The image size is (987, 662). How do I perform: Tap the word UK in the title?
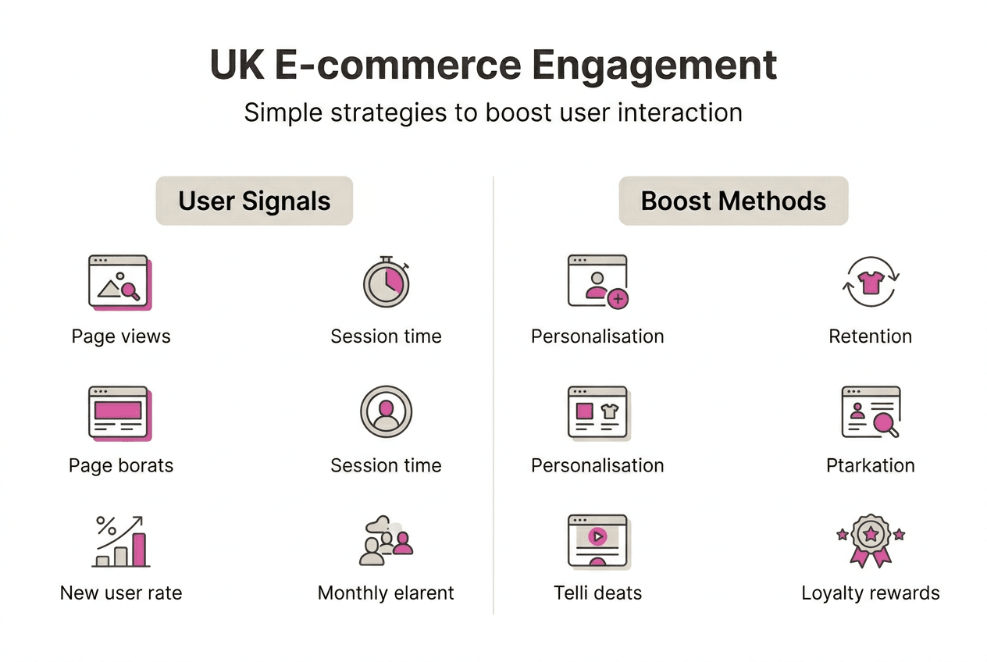point(235,66)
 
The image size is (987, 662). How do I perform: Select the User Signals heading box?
point(255,201)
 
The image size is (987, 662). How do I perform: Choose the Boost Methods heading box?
point(733,201)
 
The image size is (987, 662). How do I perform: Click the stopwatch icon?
point(386,281)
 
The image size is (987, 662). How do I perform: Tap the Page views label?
point(121,336)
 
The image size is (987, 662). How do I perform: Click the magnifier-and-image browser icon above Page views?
point(119,281)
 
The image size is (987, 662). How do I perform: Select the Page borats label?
point(121,466)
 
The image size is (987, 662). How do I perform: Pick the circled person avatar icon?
point(386,411)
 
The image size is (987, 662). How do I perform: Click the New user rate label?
point(121,593)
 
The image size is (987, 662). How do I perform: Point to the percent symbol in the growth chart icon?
point(105,525)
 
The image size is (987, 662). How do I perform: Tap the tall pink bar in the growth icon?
point(139,550)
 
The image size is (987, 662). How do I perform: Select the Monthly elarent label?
point(386,593)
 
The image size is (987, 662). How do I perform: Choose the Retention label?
point(870,336)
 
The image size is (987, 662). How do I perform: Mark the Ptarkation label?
point(870,466)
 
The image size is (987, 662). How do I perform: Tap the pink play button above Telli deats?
point(597,536)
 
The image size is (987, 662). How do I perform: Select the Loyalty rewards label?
point(870,593)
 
